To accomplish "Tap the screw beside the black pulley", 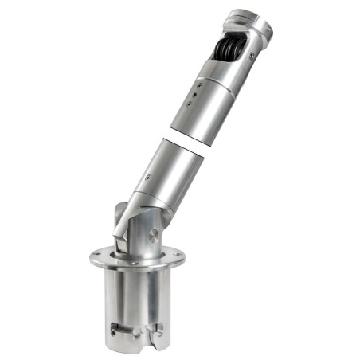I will click(x=252, y=55).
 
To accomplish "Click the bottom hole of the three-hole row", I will click(x=190, y=104).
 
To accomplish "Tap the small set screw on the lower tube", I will click(x=147, y=177).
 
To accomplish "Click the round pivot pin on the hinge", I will click(x=153, y=236).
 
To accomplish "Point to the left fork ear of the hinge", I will click(x=119, y=219).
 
